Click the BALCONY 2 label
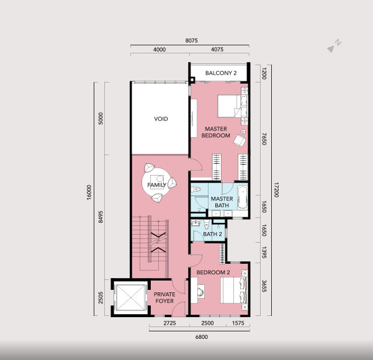click(221, 73)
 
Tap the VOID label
click(161, 119)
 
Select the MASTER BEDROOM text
click(216, 132)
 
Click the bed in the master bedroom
click(233, 106)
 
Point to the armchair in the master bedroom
click(240, 140)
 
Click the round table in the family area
click(156, 182)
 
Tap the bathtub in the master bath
click(243, 197)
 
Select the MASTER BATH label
click(222, 202)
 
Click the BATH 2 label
click(212, 234)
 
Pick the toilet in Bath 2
click(207, 223)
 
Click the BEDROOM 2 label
click(213, 272)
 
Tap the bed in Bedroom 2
click(234, 290)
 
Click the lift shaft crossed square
click(130, 298)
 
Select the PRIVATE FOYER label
click(164, 298)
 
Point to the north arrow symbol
click(334, 46)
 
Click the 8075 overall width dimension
click(191, 40)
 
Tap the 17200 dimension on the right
click(276, 190)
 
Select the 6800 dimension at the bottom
click(201, 337)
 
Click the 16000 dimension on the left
click(89, 192)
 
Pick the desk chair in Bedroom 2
click(201, 290)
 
